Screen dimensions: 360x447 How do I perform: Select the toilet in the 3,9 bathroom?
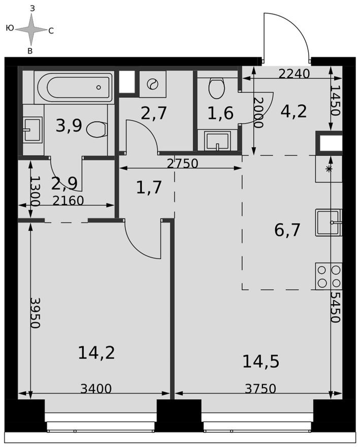96,130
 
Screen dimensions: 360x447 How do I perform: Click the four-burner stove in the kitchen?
329,276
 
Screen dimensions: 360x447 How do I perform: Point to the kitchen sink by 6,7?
329,222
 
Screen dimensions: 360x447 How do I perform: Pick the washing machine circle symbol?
151,84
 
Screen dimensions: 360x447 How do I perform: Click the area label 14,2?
96,353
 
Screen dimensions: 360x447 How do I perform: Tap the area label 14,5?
261,362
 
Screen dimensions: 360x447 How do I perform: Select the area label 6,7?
287,230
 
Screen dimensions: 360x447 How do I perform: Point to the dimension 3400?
96,389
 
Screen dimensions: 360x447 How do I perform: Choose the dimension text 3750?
260,389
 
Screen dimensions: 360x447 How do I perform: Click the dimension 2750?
182,164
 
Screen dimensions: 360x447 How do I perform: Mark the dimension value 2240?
294,74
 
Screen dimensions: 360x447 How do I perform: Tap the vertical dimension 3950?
35,313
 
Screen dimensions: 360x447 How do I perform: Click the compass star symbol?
31,29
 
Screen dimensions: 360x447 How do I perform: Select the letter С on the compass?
51,31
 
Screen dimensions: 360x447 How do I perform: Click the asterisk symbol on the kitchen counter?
329,169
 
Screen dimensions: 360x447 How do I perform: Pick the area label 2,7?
154,113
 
